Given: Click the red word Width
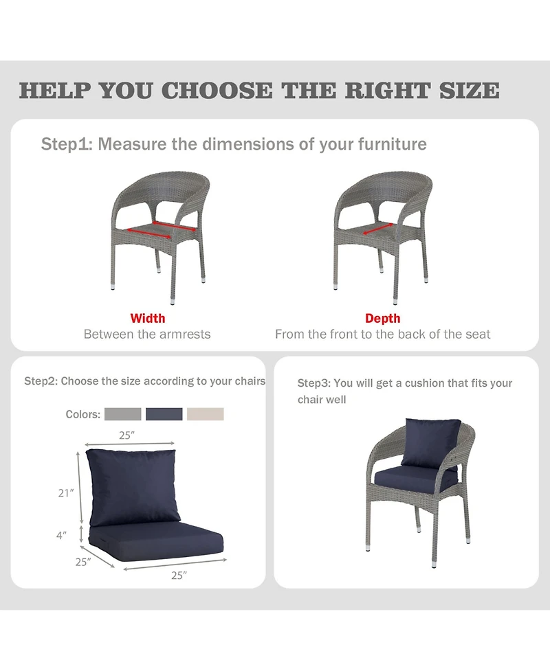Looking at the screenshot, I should tap(147, 319).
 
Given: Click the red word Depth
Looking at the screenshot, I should tap(382, 319).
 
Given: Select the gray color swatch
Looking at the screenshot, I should tap(123, 414).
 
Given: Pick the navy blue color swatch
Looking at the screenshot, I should tap(164, 414).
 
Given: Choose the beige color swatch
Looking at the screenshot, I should tap(206, 414).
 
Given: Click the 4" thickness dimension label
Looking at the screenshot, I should tap(62, 535).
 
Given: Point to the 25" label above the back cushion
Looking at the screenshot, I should tap(126, 435).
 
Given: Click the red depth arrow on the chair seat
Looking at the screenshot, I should tap(378, 229).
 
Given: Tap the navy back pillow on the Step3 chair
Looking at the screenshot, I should tap(431, 443).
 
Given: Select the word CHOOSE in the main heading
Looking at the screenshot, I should tap(217, 91).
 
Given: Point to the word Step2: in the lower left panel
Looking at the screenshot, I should tap(41, 381).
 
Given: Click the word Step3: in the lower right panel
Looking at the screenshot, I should tap(314, 383).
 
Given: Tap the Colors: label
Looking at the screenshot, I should tap(83, 414).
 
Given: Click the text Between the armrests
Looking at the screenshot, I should tap(147, 334).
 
